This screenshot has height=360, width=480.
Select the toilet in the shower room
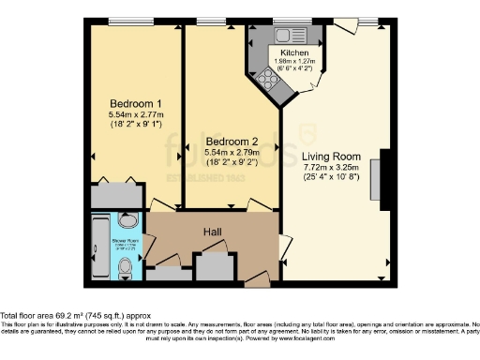tap(127, 270)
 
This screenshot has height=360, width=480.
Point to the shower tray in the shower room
tap(100, 247)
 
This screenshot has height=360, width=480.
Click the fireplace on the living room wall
tap(377, 178)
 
